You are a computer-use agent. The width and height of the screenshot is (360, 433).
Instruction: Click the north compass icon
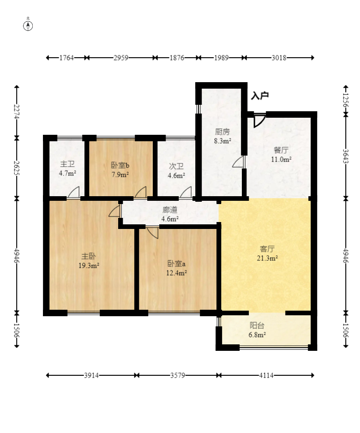click(28, 25)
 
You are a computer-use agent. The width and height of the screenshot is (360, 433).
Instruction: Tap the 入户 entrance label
click(260, 96)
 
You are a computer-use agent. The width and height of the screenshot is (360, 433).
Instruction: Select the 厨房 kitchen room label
click(222, 132)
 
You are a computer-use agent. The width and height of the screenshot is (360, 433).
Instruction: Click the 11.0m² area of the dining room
click(282, 159)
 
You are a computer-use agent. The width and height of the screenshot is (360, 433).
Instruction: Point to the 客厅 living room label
click(267, 249)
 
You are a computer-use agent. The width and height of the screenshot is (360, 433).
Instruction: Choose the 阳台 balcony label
click(257, 325)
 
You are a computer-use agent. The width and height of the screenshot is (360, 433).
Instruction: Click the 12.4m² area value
click(176, 273)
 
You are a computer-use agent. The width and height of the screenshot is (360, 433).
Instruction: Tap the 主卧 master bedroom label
click(89, 256)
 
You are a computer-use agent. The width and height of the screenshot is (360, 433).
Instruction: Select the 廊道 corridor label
click(170, 210)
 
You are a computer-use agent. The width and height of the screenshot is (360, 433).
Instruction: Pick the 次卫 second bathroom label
click(176, 166)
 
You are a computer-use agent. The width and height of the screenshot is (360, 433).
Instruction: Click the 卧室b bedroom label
click(120, 165)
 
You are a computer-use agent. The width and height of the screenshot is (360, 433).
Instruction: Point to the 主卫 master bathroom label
click(67, 164)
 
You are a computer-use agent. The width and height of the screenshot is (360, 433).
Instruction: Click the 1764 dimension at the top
click(66, 58)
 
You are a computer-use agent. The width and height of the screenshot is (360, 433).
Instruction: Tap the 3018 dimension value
click(279, 58)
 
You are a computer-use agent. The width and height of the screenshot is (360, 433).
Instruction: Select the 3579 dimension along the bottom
click(178, 375)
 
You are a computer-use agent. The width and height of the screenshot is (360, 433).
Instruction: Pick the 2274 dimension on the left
click(17, 112)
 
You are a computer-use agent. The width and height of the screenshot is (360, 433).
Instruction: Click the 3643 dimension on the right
click(345, 156)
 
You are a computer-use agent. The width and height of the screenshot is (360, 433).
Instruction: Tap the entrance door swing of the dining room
click(259, 120)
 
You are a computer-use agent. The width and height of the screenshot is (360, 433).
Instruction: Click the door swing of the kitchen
click(239, 162)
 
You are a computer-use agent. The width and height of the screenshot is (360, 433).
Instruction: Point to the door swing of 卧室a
click(153, 233)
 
